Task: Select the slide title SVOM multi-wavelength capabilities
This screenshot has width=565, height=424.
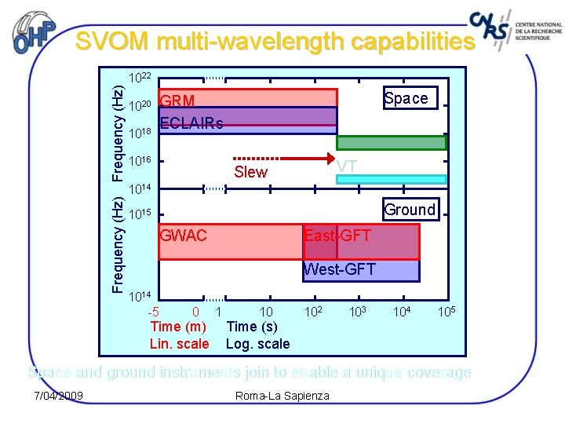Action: pos(275,42)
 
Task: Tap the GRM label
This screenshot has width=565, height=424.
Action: pos(177,100)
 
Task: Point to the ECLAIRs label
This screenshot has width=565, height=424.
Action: pos(191,123)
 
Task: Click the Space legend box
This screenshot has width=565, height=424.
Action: pos(406,98)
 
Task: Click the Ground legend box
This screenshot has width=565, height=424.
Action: pos(409,209)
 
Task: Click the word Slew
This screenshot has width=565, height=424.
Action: pos(251,172)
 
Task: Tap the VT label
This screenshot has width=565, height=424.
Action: pos(346,166)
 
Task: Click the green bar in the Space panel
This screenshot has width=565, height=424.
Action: pos(392,143)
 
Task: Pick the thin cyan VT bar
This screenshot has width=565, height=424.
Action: pos(392,179)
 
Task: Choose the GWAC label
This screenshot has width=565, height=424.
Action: pos(184,235)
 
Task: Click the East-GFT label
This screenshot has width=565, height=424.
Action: pos(337,236)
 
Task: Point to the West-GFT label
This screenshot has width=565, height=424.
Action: pos(339,269)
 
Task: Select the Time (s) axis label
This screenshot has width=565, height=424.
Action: pos(251,327)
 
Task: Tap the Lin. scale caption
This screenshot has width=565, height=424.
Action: pos(180,343)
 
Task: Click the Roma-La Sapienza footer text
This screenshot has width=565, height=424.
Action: pos(282,395)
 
